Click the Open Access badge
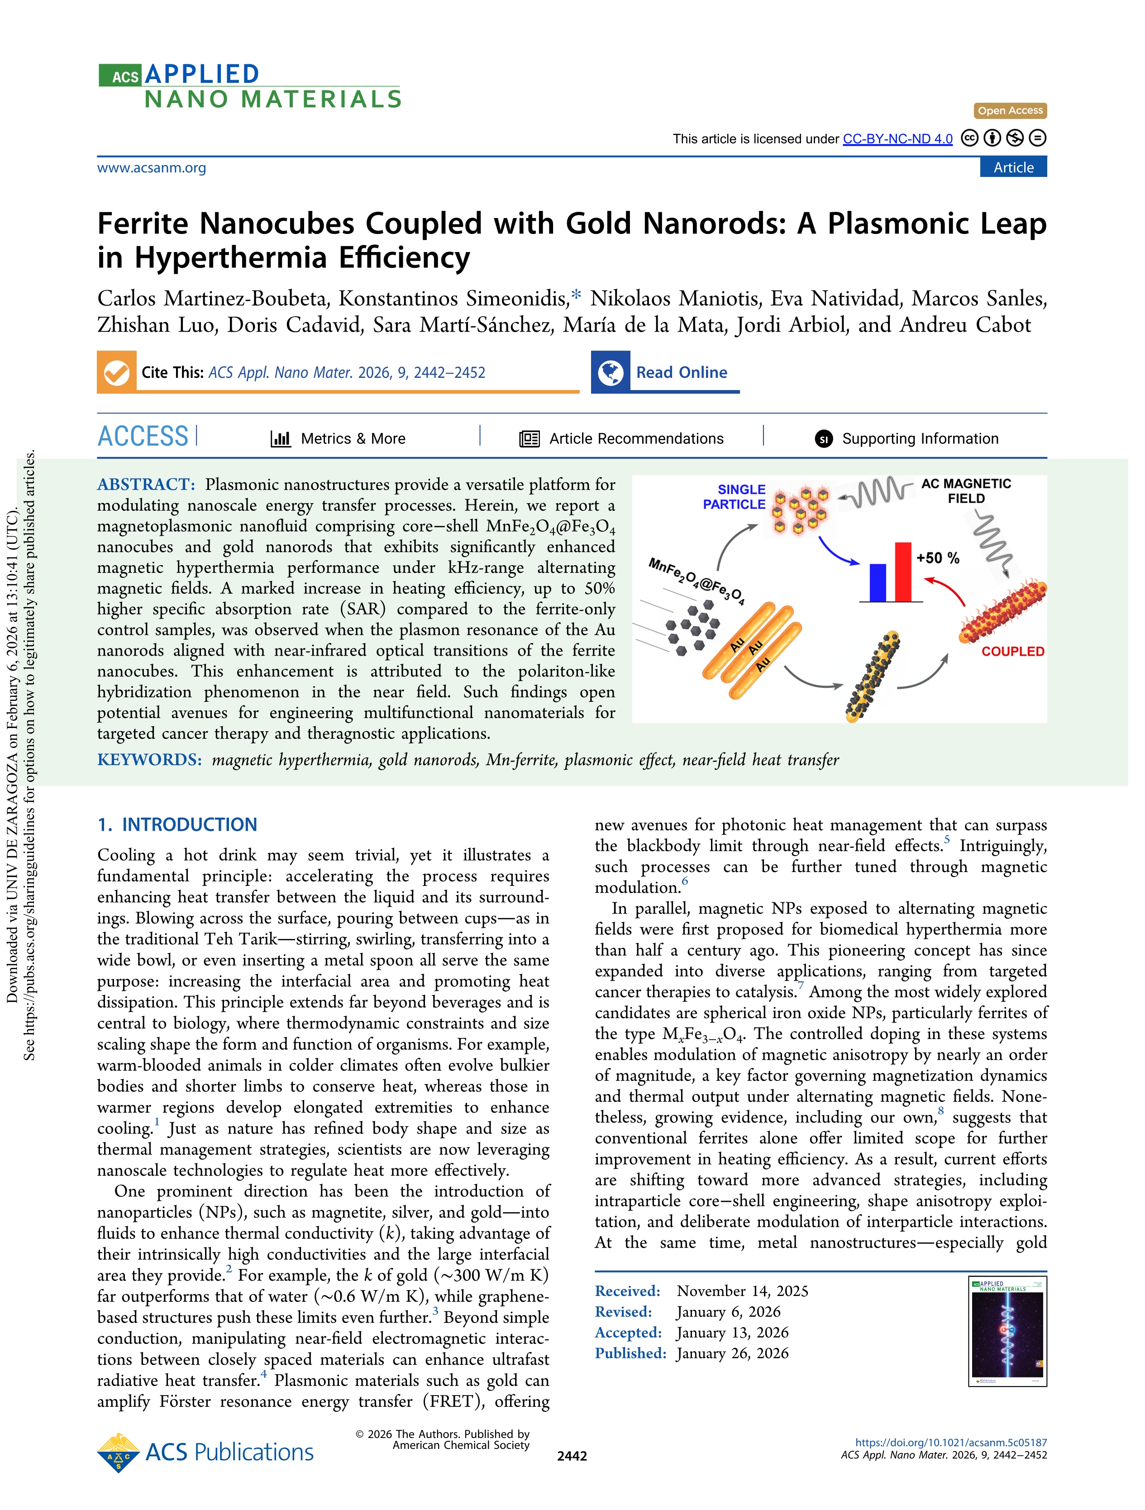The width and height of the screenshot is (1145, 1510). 1010,110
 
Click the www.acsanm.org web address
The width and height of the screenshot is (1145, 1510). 152,167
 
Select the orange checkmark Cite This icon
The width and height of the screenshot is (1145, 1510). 117,372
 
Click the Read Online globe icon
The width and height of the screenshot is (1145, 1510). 611,372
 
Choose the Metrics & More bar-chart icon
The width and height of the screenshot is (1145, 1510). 281,438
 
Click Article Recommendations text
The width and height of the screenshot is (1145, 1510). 636,438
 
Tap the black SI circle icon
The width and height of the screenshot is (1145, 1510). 823,439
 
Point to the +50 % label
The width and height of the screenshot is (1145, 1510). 937,558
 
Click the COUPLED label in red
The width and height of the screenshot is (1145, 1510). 1012,651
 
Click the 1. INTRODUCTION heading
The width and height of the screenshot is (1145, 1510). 177,824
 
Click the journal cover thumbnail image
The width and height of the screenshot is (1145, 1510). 1007,1332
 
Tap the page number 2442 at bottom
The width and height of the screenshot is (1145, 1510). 572,1456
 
